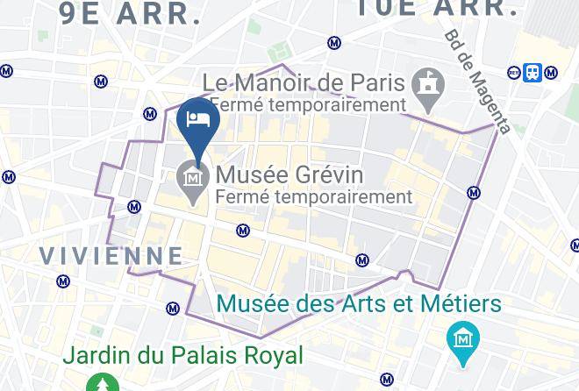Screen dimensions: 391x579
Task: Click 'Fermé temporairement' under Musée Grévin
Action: point(313,196)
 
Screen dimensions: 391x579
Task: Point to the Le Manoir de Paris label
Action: point(304,83)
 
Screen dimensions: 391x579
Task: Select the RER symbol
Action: point(514,73)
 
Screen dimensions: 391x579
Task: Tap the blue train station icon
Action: point(533,73)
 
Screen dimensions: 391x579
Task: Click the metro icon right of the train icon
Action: point(550,73)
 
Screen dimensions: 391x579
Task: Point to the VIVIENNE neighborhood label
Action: point(112,255)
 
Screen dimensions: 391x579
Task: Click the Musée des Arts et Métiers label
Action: point(359,304)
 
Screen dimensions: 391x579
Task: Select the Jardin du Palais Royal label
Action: point(182,356)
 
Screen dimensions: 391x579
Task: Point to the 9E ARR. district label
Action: point(130,11)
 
